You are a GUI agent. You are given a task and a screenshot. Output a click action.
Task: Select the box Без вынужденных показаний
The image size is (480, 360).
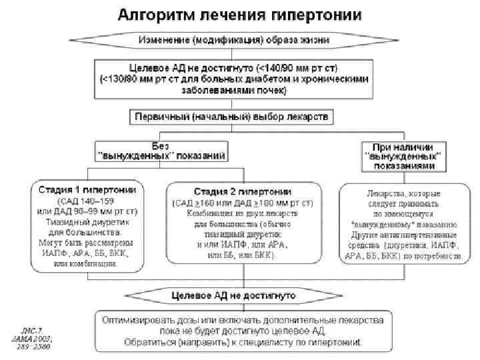[161, 150]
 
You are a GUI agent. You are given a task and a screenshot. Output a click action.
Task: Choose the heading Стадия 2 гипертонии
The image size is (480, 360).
[243, 191]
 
